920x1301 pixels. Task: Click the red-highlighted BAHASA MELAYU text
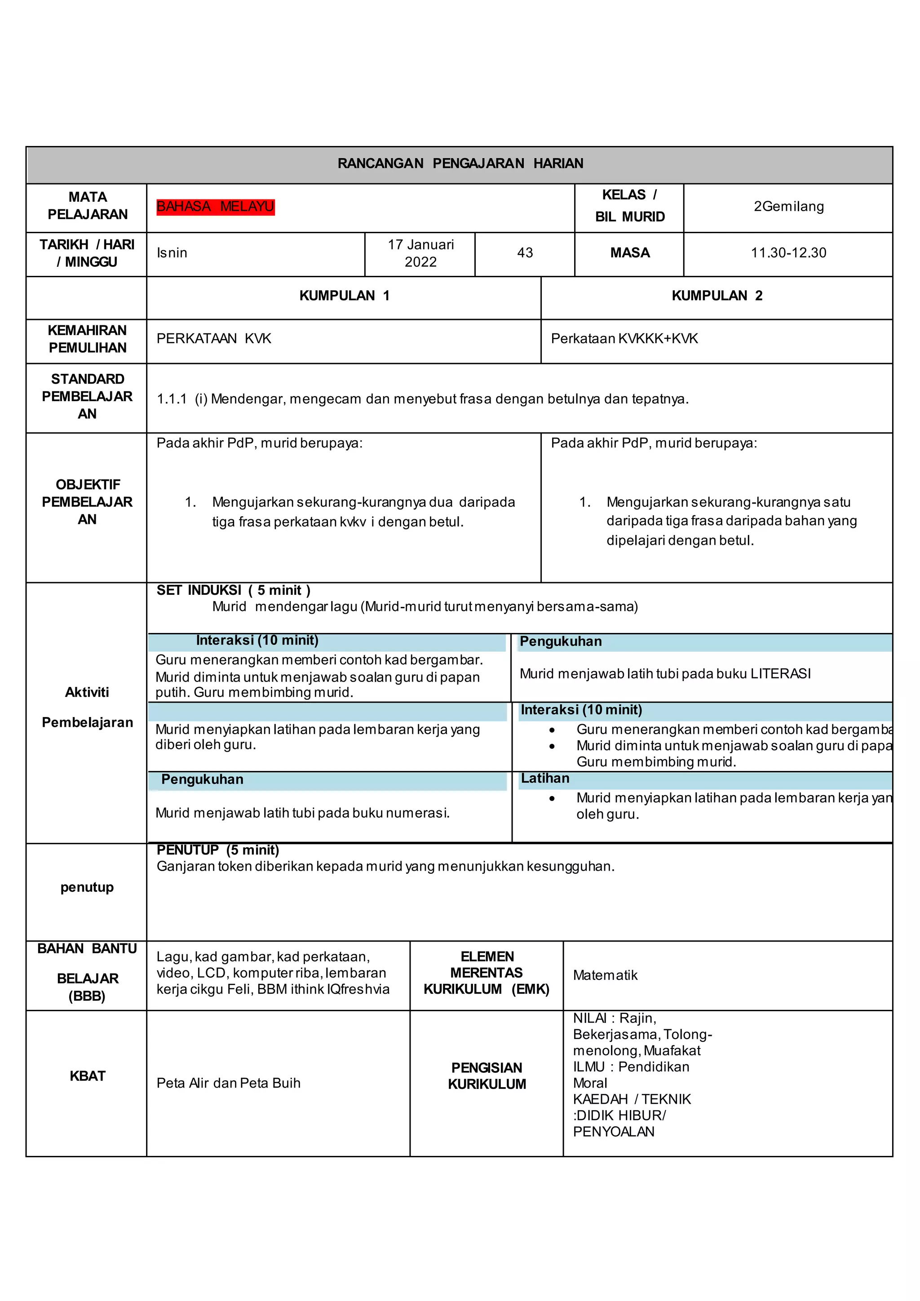coord(215,207)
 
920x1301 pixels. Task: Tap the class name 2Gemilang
coord(788,207)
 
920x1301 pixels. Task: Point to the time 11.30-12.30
coord(788,253)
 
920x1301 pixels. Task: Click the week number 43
coord(525,253)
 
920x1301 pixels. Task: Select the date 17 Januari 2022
coord(420,253)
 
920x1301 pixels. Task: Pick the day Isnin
coord(172,253)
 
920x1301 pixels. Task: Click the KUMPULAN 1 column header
coord(344,296)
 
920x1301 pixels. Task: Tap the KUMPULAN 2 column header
coord(717,296)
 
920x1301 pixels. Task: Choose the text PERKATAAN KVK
coord(213,339)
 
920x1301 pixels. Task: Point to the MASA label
coord(629,253)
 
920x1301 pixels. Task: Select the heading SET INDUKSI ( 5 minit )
coord(234,590)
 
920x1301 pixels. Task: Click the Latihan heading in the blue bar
coord(545,779)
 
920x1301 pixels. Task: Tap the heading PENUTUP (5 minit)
coord(217,850)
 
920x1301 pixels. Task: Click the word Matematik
coord(605,975)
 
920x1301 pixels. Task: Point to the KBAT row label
coord(87,1076)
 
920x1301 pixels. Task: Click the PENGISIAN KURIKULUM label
coord(487,1076)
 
